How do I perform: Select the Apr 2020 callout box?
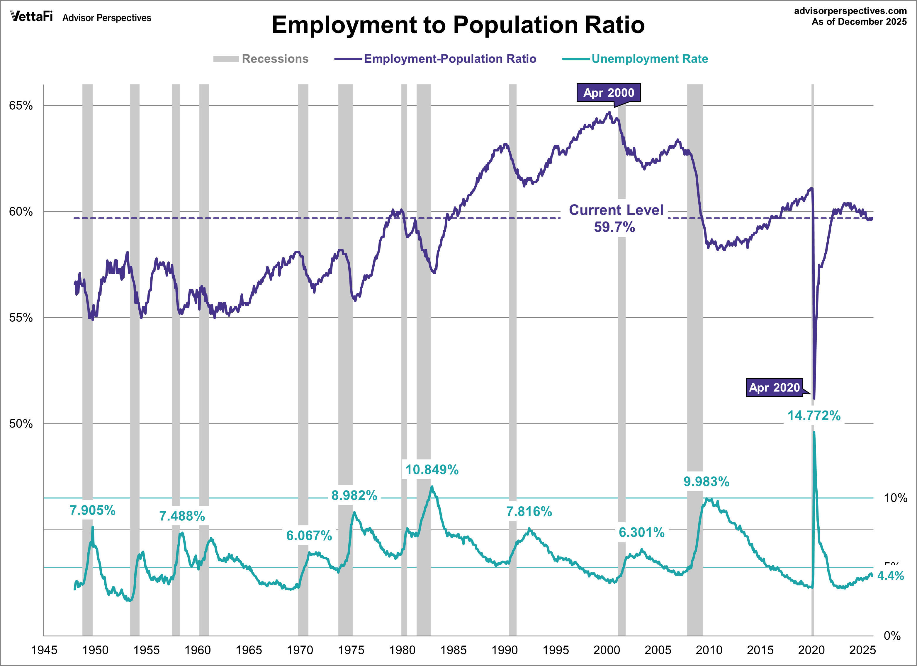[x=774, y=387]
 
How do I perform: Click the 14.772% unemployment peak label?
[x=814, y=415]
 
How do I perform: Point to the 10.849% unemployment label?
[x=432, y=470]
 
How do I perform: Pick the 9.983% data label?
[x=706, y=482]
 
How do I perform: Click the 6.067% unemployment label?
[x=309, y=536]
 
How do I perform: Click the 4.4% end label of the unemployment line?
[x=890, y=575]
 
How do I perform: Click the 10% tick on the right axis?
[x=895, y=498]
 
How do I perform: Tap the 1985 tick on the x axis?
[x=453, y=650]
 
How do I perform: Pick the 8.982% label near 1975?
[x=354, y=495]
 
